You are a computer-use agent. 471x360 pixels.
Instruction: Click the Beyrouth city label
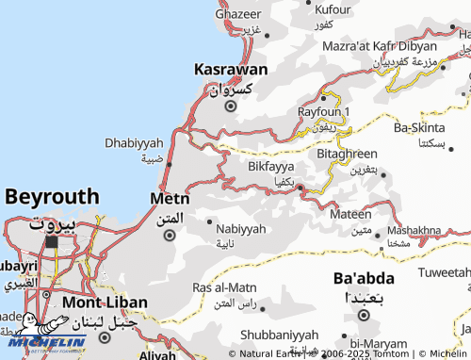click(51, 197)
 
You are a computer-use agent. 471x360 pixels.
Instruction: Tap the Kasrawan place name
click(232, 69)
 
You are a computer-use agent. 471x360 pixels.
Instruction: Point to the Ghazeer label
click(238, 14)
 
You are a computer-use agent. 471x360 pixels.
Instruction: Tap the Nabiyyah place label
click(241, 229)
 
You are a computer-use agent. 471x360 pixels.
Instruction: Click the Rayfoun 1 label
click(324, 111)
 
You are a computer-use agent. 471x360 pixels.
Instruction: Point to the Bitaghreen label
click(348, 154)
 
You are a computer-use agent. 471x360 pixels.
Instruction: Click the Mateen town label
click(350, 215)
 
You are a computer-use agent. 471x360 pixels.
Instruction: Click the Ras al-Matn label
click(224, 287)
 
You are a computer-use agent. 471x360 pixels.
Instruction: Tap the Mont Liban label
click(105, 303)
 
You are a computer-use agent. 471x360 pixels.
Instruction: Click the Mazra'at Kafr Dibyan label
click(393, 45)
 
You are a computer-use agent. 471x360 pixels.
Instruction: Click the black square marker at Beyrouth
click(51, 242)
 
